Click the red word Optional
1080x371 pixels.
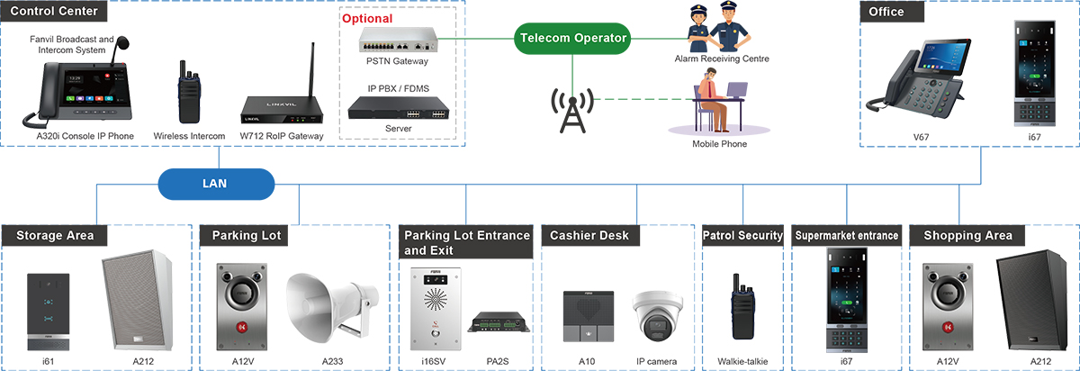pos(367,18)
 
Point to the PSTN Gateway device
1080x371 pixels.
pos(397,39)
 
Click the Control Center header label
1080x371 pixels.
pos(54,12)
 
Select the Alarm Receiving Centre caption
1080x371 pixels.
pos(722,59)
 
